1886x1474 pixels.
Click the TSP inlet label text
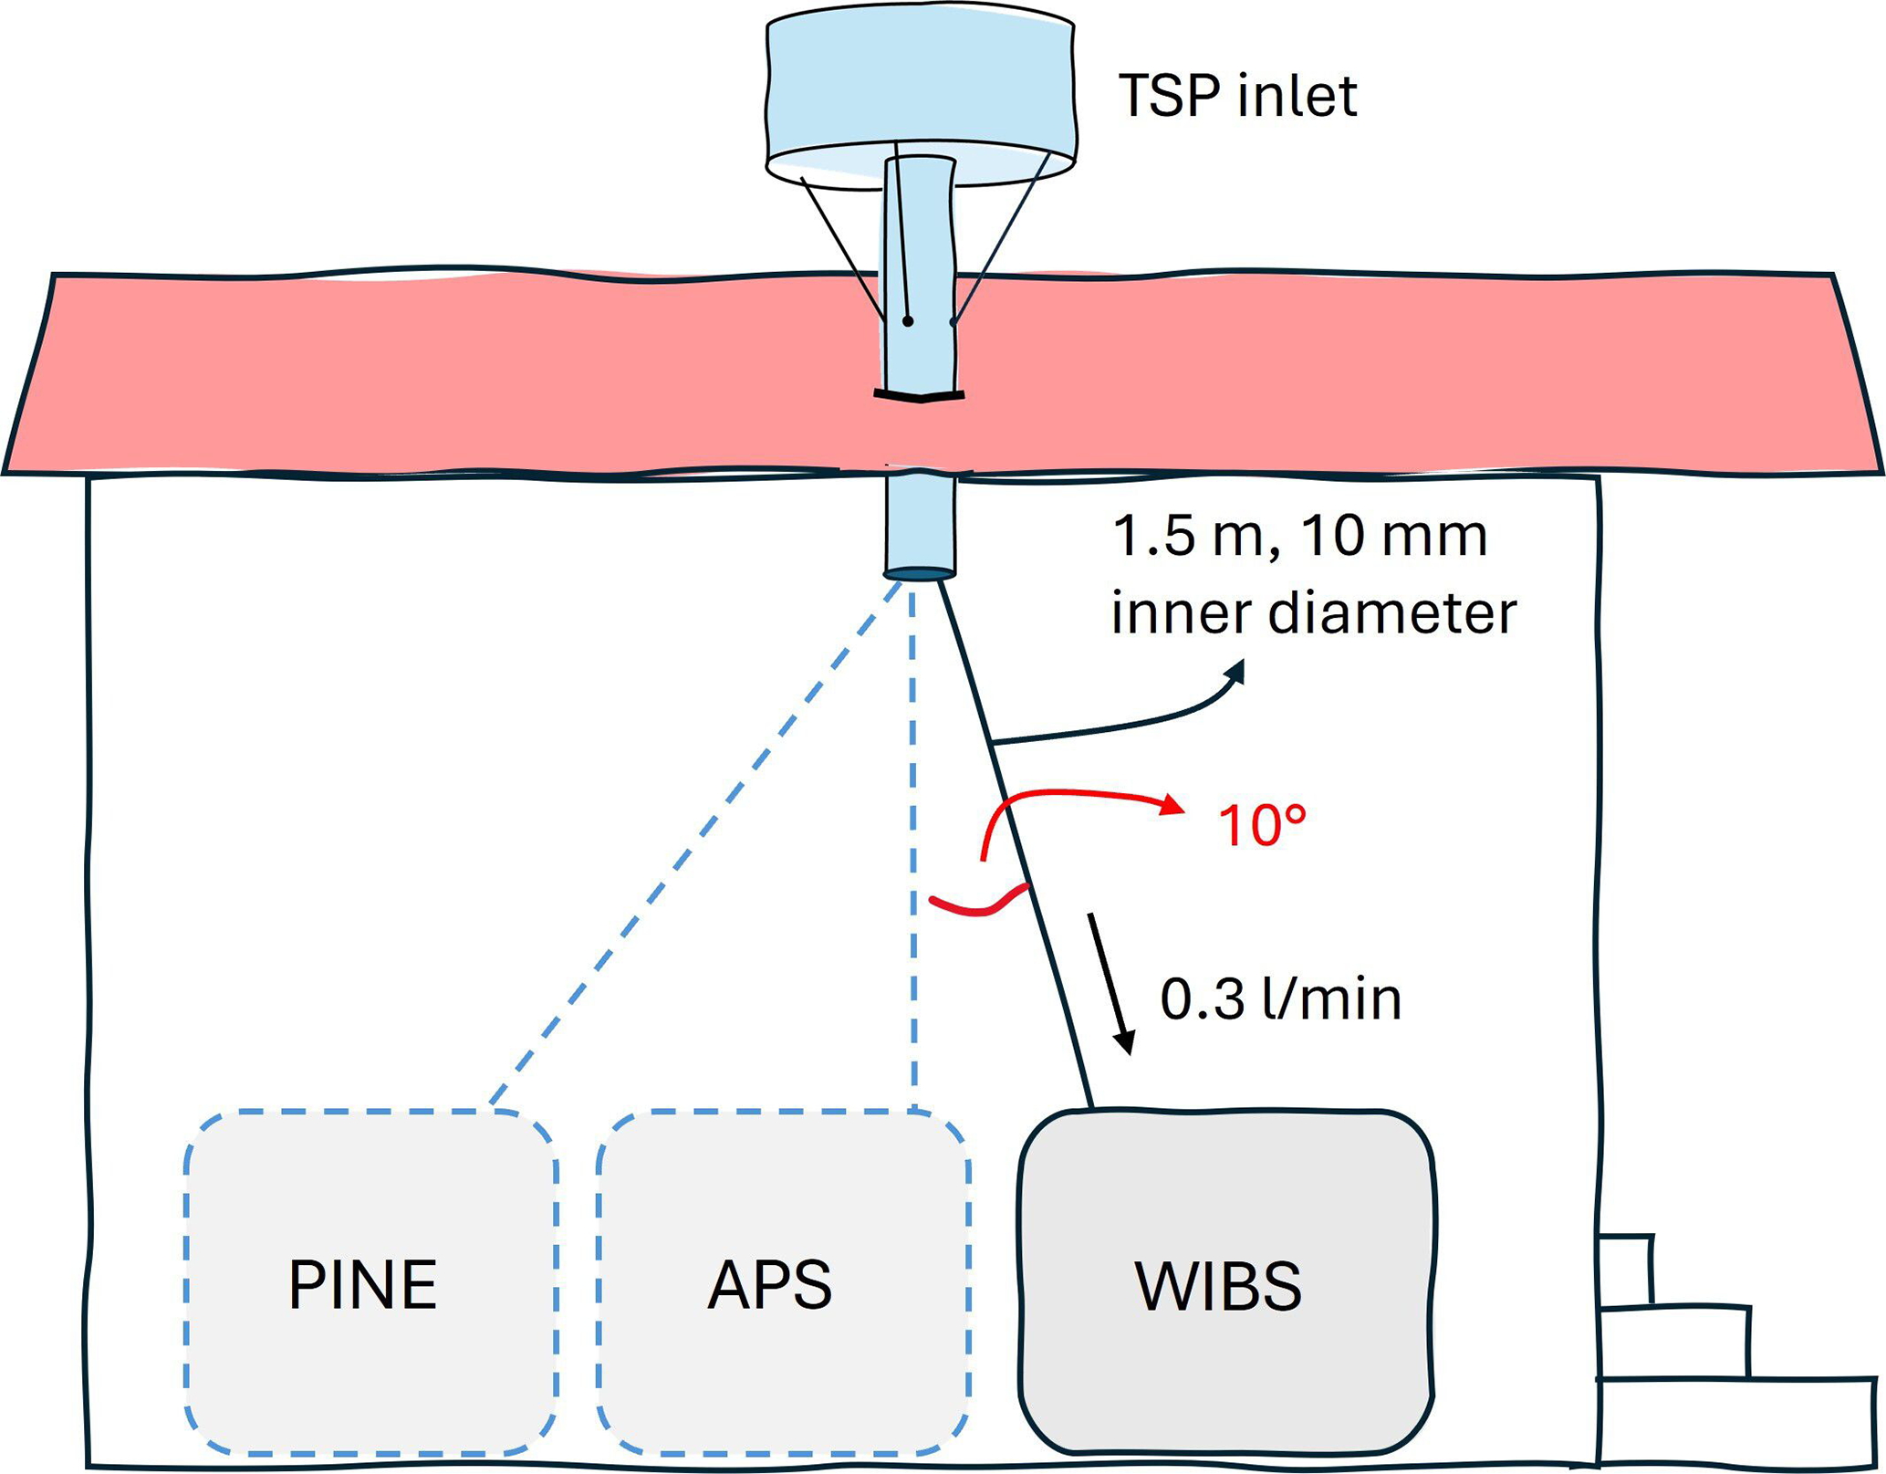click(1237, 96)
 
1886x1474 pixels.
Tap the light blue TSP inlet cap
click(920, 87)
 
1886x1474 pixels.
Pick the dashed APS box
click(782, 1282)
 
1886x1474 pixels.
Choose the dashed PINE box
click(370, 1282)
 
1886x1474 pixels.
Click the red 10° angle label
click(1262, 826)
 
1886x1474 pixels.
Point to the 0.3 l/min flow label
click(1280, 998)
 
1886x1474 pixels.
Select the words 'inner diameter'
click(1313, 612)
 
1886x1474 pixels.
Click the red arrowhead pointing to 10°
click(1172, 805)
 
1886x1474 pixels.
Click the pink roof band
click(456, 374)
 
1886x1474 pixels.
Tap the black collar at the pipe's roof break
click(920, 396)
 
